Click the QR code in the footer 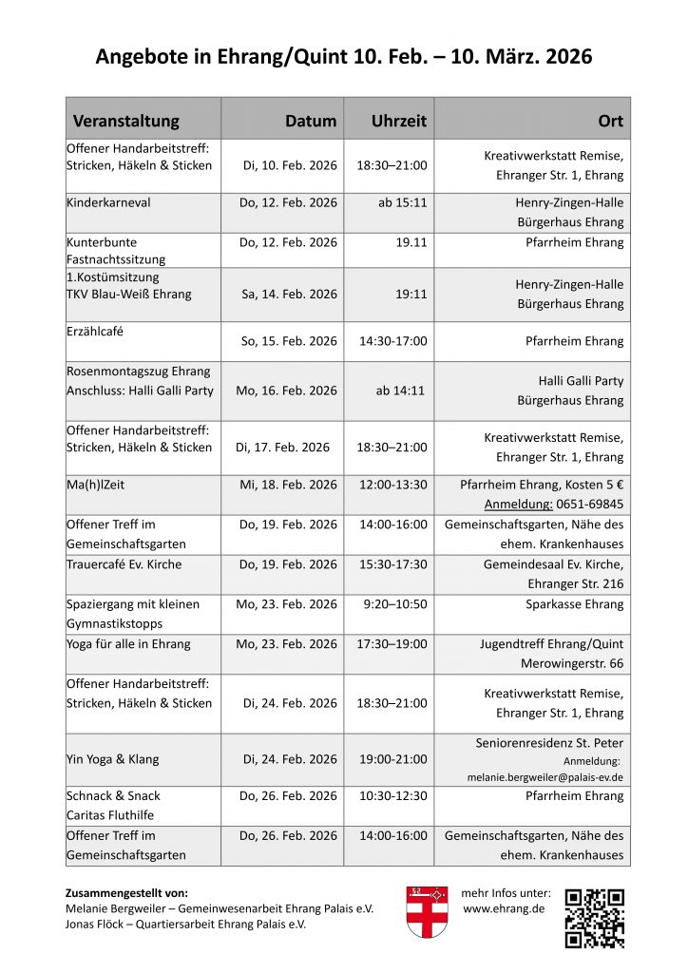click(x=594, y=918)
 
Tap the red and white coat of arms click(x=427, y=913)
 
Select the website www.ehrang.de click(x=504, y=909)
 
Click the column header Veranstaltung click(x=125, y=121)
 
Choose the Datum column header click(x=311, y=121)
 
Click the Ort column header click(x=610, y=121)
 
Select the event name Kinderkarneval click(x=108, y=202)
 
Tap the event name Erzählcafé click(x=95, y=332)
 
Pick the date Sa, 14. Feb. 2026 click(x=289, y=295)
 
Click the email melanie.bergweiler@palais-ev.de click(x=545, y=776)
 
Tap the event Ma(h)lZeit click(x=95, y=485)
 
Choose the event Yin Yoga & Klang click(x=113, y=759)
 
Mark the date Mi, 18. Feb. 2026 click(x=288, y=485)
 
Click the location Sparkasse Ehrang click(x=574, y=604)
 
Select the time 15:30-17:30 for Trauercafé click(x=392, y=564)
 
